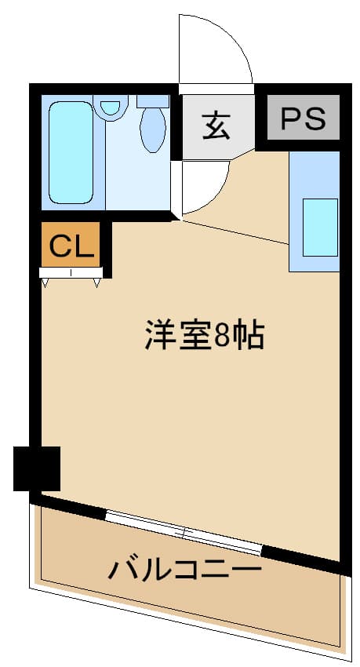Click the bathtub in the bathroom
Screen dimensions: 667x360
pos(71,151)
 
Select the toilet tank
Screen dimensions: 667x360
pos(153,101)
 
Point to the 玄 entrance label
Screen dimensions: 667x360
pos(216,124)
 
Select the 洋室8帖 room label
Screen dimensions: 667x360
pos(204,336)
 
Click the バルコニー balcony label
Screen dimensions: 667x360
pos(185,568)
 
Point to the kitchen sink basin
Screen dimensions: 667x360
pos(320,227)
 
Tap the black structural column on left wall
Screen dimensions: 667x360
pos(37,468)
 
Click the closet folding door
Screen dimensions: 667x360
pos(71,274)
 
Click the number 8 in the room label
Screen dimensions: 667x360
pos(222,336)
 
